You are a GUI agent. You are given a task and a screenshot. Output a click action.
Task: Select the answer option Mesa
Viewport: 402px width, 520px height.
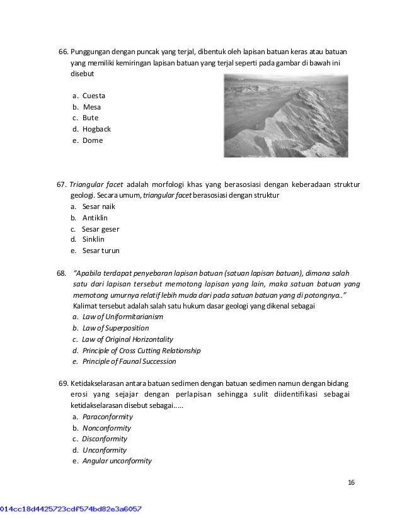click(x=91, y=107)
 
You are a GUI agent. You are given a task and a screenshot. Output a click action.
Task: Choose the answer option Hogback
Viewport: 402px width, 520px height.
click(x=96, y=129)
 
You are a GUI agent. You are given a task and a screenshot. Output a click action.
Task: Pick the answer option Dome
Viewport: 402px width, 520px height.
click(x=92, y=140)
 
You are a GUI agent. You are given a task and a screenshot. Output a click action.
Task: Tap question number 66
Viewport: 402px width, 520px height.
click(x=62, y=51)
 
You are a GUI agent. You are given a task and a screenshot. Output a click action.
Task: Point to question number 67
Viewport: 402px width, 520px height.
click(x=62, y=185)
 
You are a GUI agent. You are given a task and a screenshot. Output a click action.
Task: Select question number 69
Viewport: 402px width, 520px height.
click(x=62, y=383)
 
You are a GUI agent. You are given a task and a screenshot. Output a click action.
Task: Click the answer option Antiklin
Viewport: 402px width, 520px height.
click(x=95, y=218)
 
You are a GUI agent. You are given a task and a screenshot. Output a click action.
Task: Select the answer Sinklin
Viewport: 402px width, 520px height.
click(x=93, y=239)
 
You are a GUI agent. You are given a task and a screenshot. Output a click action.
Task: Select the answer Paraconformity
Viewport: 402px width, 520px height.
click(x=108, y=417)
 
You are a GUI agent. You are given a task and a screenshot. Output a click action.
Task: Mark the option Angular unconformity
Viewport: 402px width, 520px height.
click(x=117, y=460)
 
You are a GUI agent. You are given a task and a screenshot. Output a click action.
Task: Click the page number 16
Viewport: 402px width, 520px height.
click(x=351, y=482)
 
